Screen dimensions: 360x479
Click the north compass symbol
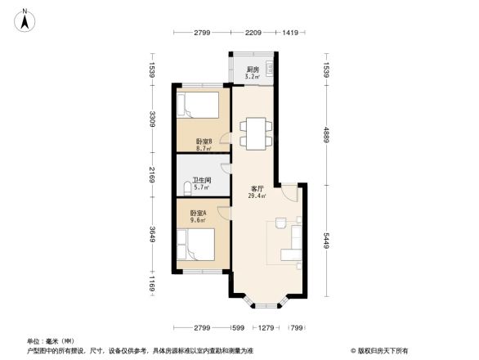(x=27, y=18)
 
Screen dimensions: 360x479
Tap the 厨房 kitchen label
(x=253, y=70)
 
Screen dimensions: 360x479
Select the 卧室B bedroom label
(x=204, y=142)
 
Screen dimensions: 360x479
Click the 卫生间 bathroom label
(x=201, y=180)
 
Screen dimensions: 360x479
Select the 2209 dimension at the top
(x=253, y=34)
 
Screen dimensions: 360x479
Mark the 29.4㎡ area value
(x=257, y=196)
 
